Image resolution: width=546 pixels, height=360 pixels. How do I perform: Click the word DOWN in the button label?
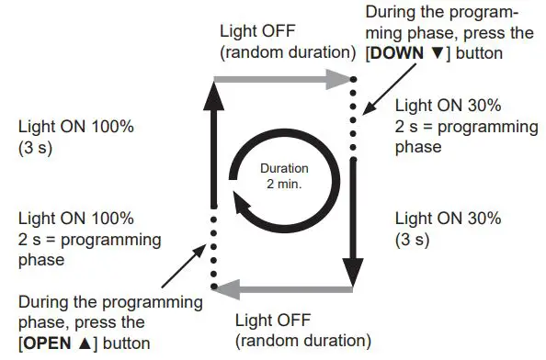[395, 53]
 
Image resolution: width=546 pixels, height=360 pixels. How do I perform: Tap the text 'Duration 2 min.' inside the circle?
[283, 177]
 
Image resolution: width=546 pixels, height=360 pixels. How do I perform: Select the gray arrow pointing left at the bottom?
[285, 289]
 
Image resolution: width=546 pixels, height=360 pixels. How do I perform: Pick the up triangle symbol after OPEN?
[87, 343]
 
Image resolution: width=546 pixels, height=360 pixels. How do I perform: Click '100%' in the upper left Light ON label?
[113, 126]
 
